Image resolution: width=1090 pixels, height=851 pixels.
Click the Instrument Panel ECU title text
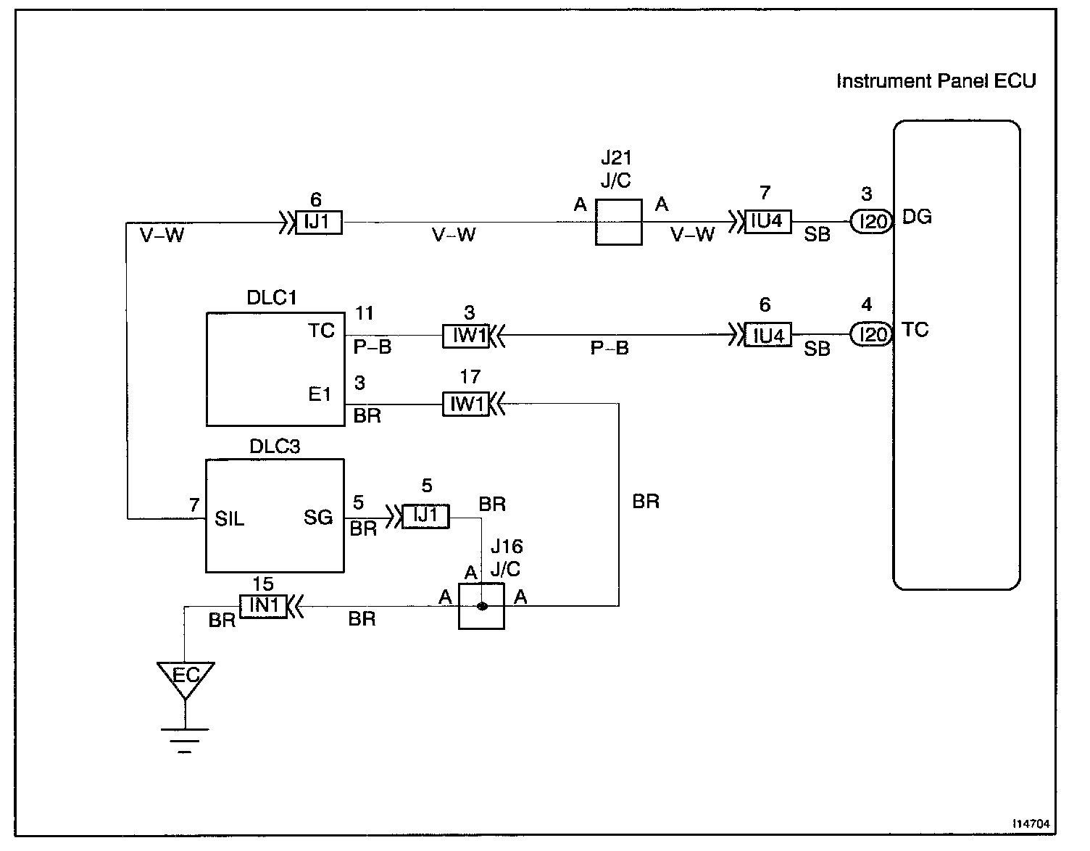click(936, 80)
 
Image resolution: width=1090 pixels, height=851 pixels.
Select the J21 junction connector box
click(618, 222)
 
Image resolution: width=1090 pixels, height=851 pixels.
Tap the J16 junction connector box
click(481, 606)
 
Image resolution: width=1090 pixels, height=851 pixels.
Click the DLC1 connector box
click(275, 369)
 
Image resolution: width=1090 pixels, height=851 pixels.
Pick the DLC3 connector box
click(275, 515)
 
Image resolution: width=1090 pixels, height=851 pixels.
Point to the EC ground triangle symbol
click(186, 678)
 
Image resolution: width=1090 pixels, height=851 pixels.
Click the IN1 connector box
click(263, 605)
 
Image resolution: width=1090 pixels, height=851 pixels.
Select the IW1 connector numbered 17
click(465, 404)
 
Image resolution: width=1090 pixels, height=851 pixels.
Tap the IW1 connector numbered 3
click(465, 336)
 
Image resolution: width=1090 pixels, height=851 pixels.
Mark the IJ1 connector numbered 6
click(318, 222)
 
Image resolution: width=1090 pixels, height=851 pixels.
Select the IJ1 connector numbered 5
click(425, 516)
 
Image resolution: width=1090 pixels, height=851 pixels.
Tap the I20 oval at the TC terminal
click(870, 334)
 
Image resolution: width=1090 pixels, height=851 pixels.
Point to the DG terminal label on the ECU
click(917, 217)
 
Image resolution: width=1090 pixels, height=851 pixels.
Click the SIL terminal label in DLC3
click(229, 519)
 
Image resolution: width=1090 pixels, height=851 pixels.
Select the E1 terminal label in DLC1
click(320, 394)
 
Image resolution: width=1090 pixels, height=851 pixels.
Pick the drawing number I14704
click(1033, 824)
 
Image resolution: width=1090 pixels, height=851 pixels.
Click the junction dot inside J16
click(481, 606)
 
